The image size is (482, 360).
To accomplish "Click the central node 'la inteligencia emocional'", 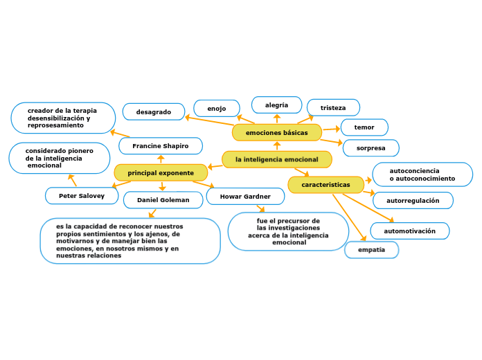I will click(x=277, y=160).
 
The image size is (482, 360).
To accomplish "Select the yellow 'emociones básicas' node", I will click(x=277, y=132).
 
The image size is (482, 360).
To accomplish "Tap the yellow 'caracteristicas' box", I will click(x=325, y=185).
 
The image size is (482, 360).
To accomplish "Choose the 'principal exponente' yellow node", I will click(x=161, y=172).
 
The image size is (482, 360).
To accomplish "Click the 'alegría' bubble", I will click(x=276, y=105).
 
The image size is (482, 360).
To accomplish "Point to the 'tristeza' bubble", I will click(x=333, y=108).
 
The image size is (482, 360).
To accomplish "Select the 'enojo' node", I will click(x=217, y=109).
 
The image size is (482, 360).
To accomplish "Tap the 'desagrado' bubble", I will click(x=154, y=111).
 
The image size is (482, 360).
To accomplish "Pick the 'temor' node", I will click(x=364, y=127).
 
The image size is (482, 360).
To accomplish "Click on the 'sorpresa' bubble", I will click(x=371, y=148).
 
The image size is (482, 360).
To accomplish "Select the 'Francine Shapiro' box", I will click(x=161, y=146).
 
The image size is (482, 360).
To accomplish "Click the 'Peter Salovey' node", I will click(x=82, y=196).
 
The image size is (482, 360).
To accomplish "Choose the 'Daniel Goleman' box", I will click(x=163, y=200).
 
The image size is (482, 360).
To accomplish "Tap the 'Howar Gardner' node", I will click(x=245, y=197).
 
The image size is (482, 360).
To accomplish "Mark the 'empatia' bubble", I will click(x=371, y=249).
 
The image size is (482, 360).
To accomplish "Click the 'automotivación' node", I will click(x=410, y=231).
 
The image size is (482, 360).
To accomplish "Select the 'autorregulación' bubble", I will click(x=413, y=201).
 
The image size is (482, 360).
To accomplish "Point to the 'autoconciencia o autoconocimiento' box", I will click(x=422, y=174).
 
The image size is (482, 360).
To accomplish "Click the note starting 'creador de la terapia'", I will click(x=63, y=118).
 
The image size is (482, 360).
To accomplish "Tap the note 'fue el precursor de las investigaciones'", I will click(x=288, y=231).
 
